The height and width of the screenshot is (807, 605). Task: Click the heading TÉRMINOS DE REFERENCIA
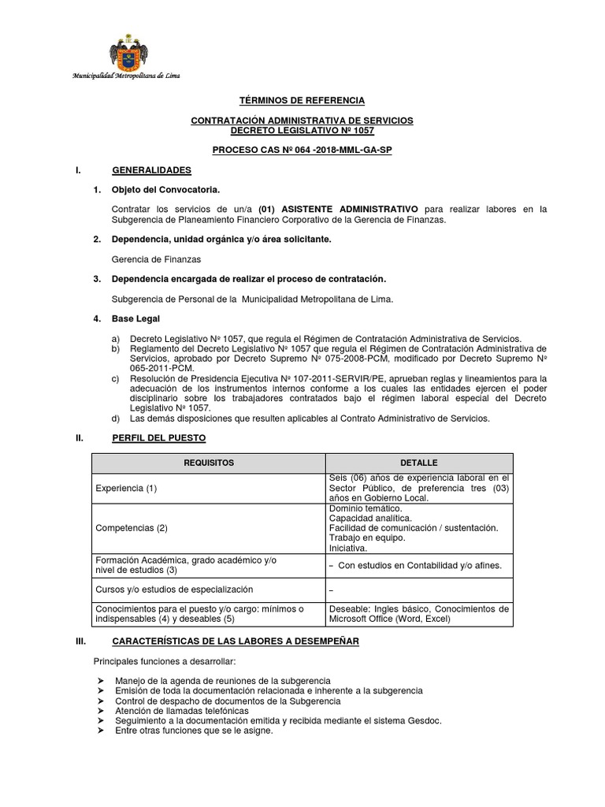302,101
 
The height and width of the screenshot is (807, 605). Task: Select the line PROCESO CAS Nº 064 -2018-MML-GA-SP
302,150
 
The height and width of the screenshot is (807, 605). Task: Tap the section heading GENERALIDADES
151,170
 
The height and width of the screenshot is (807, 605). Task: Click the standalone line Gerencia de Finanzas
158,258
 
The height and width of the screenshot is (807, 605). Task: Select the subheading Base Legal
136,318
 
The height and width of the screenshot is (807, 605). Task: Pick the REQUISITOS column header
209,463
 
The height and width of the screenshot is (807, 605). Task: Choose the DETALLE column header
418,463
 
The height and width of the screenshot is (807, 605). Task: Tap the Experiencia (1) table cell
126,488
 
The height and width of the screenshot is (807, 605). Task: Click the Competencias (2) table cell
131,528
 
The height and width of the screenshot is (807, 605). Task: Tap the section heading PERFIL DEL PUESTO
159,438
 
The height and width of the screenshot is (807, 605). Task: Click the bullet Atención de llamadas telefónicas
182,711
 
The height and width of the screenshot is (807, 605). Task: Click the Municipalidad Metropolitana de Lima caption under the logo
126,76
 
